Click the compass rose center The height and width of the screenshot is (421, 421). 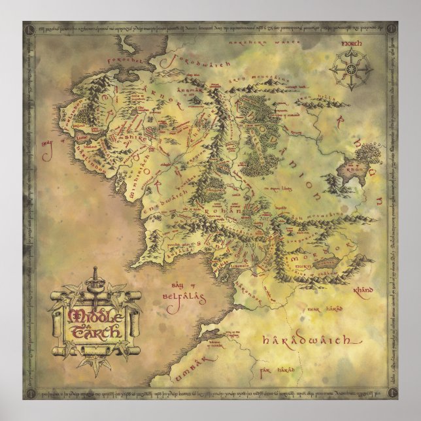pos(352,67)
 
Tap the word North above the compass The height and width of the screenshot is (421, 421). pos(352,45)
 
